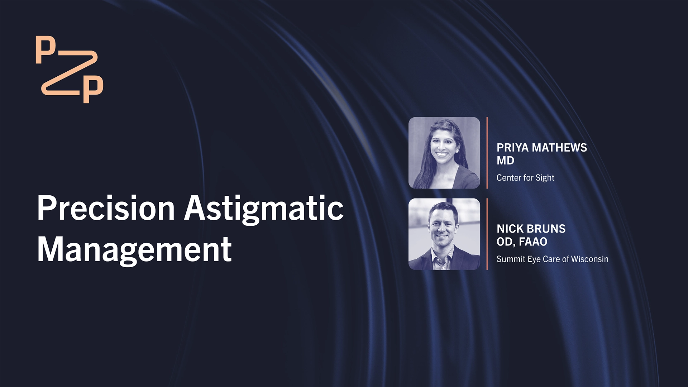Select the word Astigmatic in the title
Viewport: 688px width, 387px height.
[264, 209]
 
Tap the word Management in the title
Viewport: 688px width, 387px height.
[134, 249]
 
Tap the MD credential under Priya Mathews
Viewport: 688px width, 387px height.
[505, 161]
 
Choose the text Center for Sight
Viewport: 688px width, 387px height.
[525, 178]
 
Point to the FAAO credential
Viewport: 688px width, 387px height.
[533, 242]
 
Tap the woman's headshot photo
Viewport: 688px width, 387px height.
[444, 153]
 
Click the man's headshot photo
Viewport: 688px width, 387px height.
[444, 234]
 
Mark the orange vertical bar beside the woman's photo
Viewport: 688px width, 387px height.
[487, 153]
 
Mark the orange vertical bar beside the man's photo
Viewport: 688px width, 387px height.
[487, 234]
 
